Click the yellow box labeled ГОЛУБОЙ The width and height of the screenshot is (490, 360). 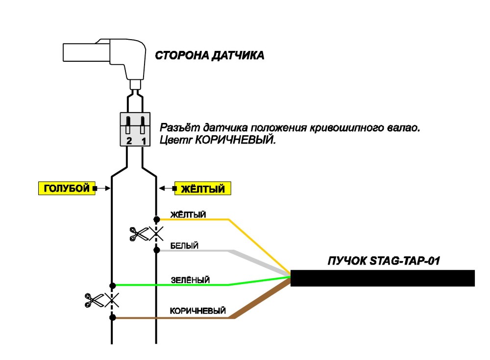[x=67, y=188]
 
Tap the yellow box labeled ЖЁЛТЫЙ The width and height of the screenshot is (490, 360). [x=202, y=188]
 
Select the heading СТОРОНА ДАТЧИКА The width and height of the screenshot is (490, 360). [x=210, y=56]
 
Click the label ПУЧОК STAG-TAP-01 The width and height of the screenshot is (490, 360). [x=384, y=261]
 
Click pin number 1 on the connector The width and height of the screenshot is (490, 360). [x=144, y=141]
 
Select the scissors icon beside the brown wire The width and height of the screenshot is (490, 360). [x=94, y=300]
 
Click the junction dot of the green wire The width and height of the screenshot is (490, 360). [x=113, y=286]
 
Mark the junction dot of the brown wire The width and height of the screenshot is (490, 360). [x=113, y=317]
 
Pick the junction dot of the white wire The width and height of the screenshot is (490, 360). [x=157, y=250]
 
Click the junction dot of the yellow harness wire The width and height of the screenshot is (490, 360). [x=157, y=219]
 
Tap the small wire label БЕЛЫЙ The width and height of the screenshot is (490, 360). [x=184, y=245]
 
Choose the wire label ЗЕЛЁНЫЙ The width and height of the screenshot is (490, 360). [x=190, y=280]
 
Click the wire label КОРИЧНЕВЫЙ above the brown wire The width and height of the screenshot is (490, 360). [x=198, y=311]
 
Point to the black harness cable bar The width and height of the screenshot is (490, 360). [x=383, y=278]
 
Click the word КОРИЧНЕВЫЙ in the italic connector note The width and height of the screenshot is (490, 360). [x=235, y=140]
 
